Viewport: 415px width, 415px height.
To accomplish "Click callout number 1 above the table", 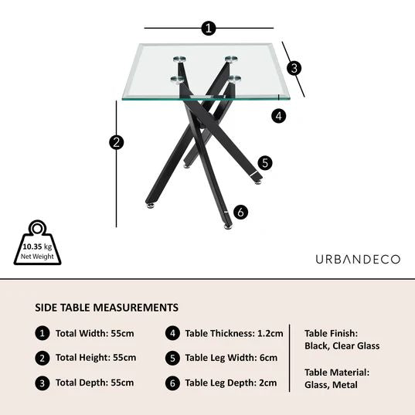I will [x=207, y=29].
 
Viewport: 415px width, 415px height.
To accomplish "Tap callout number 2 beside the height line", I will [x=117, y=142].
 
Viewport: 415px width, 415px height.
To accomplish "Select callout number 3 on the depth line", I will [x=294, y=68].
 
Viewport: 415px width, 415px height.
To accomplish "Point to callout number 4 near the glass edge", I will [x=279, y=116].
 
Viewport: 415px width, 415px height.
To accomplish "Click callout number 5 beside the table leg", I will [x=265, y=162].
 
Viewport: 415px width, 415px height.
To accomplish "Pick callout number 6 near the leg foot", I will [x=240, y=212].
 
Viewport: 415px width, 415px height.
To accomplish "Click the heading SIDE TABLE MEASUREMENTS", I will [x=107, y=308].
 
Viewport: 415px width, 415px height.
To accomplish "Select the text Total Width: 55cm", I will [x=95, y=334].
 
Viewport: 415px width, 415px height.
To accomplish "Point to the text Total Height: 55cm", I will [x=96, y=358].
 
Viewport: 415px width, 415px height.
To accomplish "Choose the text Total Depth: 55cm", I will [x=95, y=382].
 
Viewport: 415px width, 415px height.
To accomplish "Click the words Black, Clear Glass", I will [x=342, y=346].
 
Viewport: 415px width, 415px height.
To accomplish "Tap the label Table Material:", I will [x=337, y=372].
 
